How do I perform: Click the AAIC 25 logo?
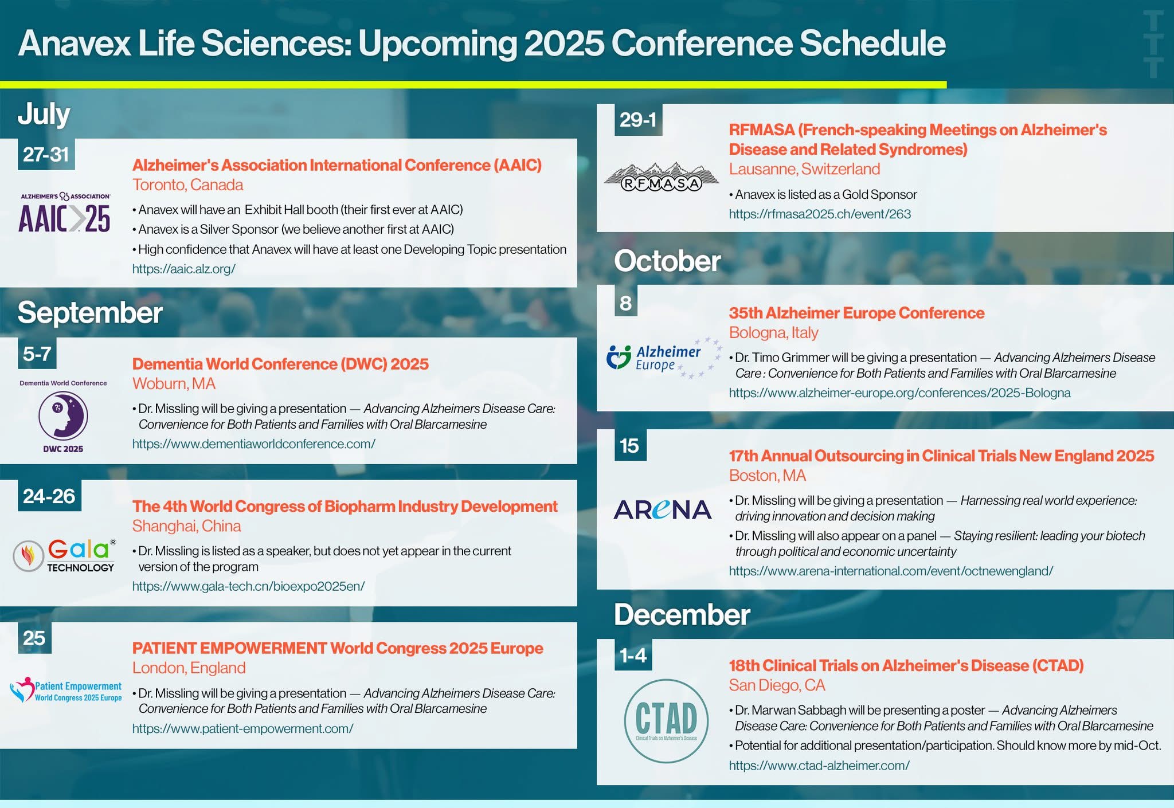65,213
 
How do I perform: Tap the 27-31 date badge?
46,154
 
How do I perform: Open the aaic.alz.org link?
183,269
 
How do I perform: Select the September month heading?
90,312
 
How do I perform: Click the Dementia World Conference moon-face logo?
63,415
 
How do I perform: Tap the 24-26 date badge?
49,496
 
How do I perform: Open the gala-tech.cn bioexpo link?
248,586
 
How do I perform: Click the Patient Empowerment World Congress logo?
66,691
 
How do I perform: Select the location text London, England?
189,668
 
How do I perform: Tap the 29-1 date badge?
638,120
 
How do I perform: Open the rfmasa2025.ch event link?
820,214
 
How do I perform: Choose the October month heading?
667,261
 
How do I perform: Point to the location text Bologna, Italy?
773,332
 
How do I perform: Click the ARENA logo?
662,509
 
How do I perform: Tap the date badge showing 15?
630,445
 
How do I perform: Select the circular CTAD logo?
666,721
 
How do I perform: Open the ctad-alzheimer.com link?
819,766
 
